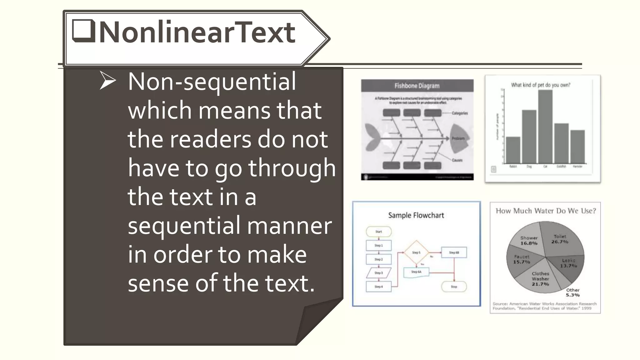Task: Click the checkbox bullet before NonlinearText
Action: click(x=83, y=31)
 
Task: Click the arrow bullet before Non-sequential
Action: click(x=107, y=81)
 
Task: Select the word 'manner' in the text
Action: click(x=289, y=226)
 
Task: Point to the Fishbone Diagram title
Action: click(x=417, y=86)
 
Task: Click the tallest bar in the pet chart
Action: click(x=545, y=127)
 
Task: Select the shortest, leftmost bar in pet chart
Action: click(x=513, y=150)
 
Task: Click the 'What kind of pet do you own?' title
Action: click(x=541, y=85)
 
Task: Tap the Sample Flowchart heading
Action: click(x=416, y=215)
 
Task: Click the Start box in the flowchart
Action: click(x=379, y=232)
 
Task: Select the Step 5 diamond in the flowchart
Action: click(x=416, y=252)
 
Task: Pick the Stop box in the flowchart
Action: click(x=454, y=287)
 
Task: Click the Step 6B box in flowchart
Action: click(x=454, y=252)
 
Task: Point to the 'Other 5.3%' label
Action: click(x=573, y=292)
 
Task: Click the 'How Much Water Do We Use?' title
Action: click(x=546, y=211)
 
